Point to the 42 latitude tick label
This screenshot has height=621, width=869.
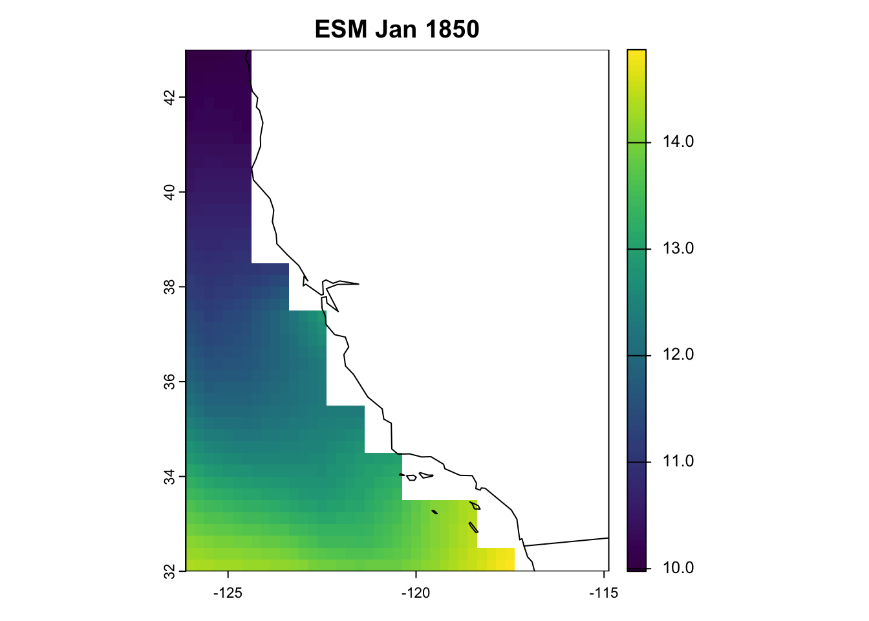tap(169, 98)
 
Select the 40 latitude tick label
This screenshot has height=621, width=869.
tap(169, 192)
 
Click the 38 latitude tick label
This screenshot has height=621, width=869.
tap(169, 287)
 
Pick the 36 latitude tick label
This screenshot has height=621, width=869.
tap(169, 382)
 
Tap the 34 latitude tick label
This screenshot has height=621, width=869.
tap(169, 477)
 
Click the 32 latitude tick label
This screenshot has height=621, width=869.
tap(169, 572)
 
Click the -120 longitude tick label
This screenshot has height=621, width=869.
tap(415, 593)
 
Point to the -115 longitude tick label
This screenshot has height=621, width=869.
tap(603, 593)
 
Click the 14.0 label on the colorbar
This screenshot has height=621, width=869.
tap(678, 142)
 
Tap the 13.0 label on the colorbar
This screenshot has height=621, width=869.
tap(678, 249)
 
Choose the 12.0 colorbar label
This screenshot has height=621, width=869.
tap(678, 355)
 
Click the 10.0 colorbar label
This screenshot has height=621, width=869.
tap(678, 568)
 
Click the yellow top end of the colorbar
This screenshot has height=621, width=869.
tap(636, 54)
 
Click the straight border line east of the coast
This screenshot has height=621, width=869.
tap(569, 541)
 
